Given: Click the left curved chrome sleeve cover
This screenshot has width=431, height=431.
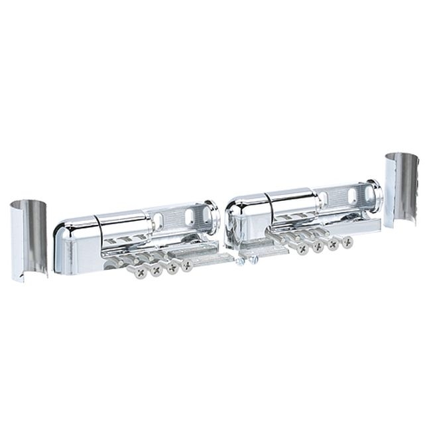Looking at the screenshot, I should [x=29, y=239].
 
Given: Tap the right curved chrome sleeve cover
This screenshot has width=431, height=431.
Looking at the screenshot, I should [x=401, y=190].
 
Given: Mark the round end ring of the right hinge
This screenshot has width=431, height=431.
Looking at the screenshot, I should [x=375, y=195].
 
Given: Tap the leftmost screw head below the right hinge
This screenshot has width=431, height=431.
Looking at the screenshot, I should [x=302, y=249].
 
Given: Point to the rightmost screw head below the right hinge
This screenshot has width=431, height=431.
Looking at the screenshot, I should [x=347, y=242].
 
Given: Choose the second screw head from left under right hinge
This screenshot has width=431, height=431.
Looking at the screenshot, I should [x=318, y=247].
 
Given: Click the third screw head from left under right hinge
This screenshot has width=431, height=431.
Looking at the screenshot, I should [x=333, y=244].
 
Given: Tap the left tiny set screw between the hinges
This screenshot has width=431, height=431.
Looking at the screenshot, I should [x=241, y=261].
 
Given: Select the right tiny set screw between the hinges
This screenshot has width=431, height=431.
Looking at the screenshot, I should [x=255, y=259].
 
